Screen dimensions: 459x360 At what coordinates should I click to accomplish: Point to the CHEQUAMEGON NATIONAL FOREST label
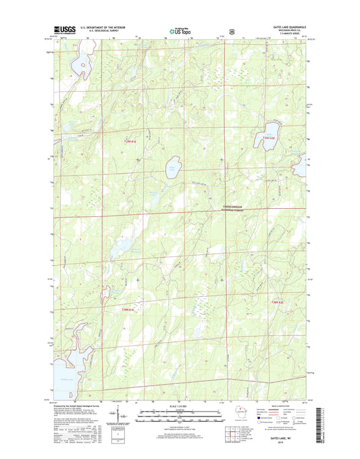point(231,209)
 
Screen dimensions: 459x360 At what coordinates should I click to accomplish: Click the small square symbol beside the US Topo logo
point(232,30)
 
